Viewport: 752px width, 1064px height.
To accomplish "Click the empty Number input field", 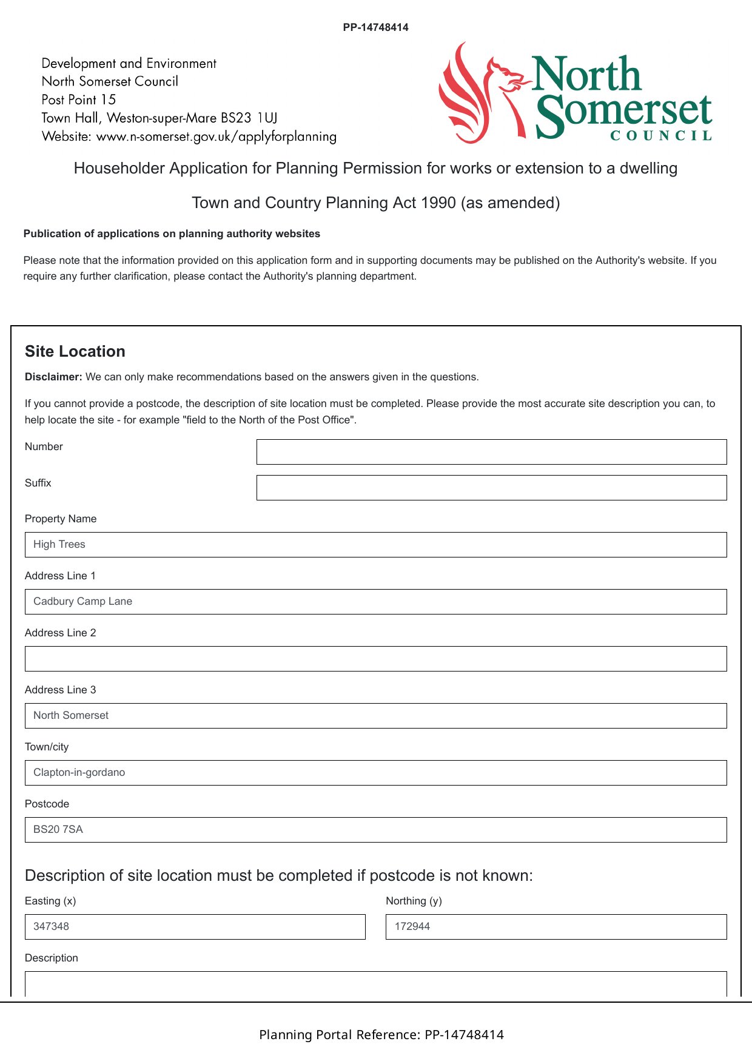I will click(491, 452).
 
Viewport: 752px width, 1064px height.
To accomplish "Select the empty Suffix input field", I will click(491, 488).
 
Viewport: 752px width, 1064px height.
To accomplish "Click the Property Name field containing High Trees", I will click(375, 545).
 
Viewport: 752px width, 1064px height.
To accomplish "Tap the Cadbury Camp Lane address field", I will click(375, 602).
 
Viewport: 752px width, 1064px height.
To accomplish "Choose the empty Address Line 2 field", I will click(375, 659).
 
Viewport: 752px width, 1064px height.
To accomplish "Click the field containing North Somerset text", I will click(375, 716).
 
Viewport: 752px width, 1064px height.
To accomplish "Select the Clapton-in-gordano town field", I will click(375, 773).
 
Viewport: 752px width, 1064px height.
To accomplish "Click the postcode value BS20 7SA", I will click(58, 830).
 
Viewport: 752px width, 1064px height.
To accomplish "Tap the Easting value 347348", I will click(52, 927).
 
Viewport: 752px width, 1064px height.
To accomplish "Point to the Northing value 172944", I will click(412, 927).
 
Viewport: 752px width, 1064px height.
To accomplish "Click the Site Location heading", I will click(75, 352).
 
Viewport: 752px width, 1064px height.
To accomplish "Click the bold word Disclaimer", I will click(53, 377).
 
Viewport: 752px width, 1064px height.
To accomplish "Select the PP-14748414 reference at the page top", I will click(375, 27).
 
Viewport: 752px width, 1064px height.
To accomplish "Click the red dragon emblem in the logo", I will click(479, 94).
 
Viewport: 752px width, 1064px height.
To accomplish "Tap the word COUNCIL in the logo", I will click(661, 136).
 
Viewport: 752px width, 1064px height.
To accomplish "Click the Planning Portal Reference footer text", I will click(381, 1035).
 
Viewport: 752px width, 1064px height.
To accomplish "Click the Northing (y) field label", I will click(414, 901).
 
